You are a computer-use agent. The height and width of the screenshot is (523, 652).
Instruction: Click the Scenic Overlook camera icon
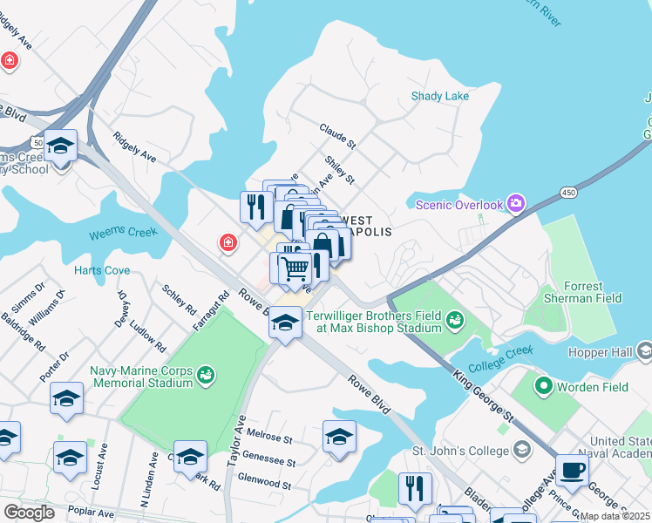(516, 204)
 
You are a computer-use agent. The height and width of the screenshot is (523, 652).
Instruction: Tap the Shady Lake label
(440, 96)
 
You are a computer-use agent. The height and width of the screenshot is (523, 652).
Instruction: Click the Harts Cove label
(102, 270)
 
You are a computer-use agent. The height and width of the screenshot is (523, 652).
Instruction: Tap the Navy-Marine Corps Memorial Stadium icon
(207, 375)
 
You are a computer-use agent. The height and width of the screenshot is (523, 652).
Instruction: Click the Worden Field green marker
(545, 384)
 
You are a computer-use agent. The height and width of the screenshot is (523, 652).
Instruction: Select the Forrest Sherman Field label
(583, 292)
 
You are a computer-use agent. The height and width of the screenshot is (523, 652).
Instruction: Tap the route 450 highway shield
(568, 192)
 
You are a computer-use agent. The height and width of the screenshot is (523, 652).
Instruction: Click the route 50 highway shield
(37, 140)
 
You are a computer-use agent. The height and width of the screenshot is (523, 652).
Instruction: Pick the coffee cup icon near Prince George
(571, 471)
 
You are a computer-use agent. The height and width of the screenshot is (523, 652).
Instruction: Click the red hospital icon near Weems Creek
(228, 241)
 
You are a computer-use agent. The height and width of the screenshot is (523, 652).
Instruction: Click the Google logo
(29, 512)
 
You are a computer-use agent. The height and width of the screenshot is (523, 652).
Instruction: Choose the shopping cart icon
(295, 267)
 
